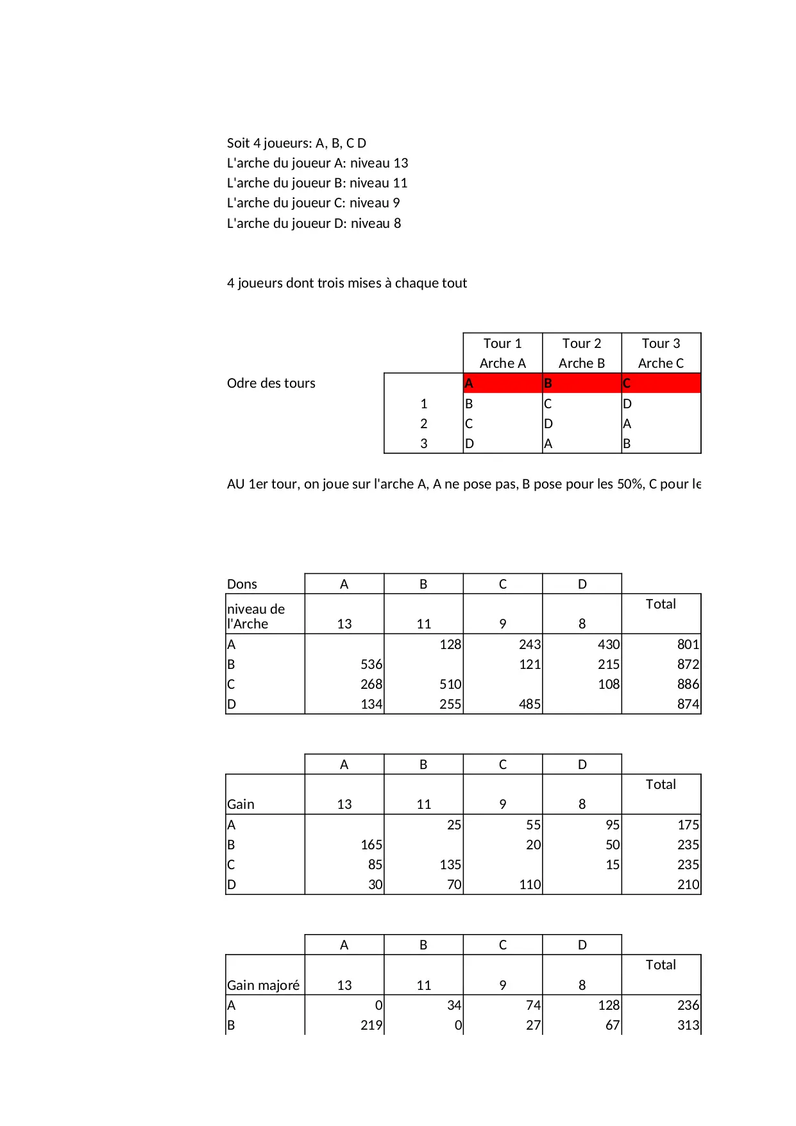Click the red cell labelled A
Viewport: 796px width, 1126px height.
pos(502,383)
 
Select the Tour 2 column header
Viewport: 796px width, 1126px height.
pos(582,343)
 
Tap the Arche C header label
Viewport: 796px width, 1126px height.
pos(661,363)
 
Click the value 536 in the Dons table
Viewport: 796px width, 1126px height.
pos(371,664)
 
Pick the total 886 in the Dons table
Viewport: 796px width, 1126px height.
pos(688,684)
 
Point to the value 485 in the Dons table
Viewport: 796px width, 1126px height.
pos(529,704)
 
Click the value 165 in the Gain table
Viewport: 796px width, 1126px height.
pos(371,845)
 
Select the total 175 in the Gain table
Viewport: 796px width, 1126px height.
pos(688,825)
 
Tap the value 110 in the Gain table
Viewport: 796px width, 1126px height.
pos(530,885)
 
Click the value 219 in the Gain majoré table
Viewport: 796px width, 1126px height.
pos(371,1025)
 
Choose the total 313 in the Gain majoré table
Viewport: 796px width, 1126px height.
pos(688,1025)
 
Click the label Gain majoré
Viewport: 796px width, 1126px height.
pos(263,985)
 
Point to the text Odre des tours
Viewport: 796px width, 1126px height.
pos(271,383)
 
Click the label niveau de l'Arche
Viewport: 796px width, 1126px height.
pos(255,616)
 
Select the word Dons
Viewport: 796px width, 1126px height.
pos(242,584)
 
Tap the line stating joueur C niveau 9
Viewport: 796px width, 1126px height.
pos(313,203)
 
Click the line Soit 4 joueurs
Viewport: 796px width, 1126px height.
pos(296,143)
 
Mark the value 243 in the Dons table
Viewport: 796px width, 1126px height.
pos(530,645)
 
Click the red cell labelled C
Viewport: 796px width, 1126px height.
pos(661,383)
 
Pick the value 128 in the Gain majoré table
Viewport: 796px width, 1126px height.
pos(609,1005)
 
